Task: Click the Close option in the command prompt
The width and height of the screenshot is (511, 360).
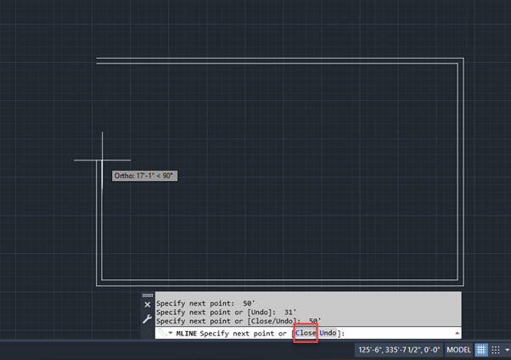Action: [x=306, y=333]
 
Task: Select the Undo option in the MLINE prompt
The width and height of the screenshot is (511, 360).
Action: [x=328, y=333]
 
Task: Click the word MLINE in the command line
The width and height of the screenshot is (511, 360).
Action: [x=187, y=334]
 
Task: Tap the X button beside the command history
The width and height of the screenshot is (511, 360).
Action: [x=148, y=305]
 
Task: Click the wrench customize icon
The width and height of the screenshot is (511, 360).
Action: [x=147, y=319]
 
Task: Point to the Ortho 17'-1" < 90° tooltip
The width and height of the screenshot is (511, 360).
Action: [x=144, y=176]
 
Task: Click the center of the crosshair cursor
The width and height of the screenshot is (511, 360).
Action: [x=103, y=160]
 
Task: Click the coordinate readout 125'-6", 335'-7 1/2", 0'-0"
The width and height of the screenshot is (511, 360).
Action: [x=399, y=350]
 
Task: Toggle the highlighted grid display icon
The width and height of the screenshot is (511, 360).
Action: [x=481, y=350]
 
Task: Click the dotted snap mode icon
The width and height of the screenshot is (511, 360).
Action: [x=496, y=350]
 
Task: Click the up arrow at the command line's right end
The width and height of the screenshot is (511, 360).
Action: [x=457, y=333]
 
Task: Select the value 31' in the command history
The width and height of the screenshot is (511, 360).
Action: [x=289, y=312]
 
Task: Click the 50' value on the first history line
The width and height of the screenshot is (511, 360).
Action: [x=249, y=303]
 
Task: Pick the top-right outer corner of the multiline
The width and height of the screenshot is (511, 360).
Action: [x=463, y=58]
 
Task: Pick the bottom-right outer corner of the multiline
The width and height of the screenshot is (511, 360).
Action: [x=463, y=286]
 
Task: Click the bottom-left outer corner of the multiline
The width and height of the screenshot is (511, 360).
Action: [x=97, y=286]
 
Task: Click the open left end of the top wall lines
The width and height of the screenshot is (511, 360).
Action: [x=97, y=60]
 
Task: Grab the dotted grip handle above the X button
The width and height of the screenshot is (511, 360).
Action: [x=148, y=295]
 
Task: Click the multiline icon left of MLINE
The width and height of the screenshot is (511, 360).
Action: [x=162, y=333]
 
